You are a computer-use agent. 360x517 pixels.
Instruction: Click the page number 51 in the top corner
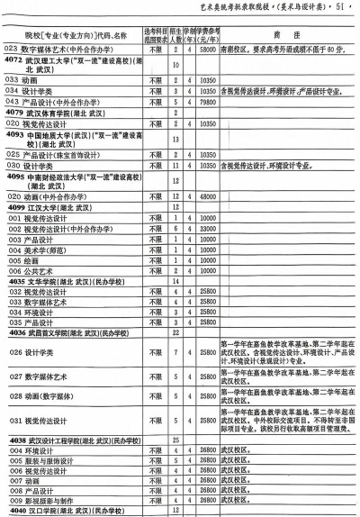point(343,9)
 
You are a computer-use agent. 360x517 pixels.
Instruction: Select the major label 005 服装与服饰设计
point(46,459)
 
